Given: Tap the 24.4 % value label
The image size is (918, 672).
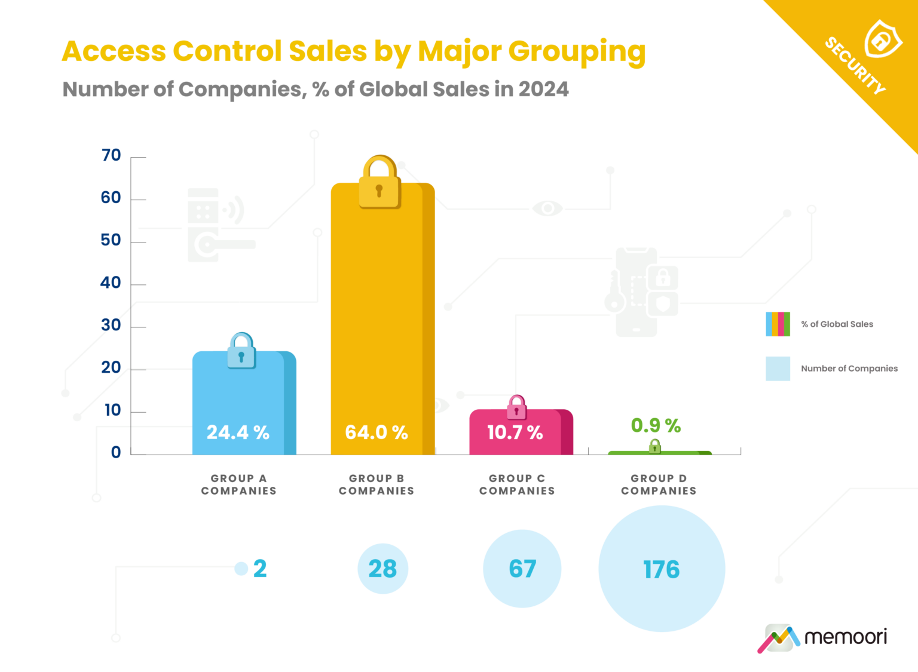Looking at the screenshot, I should click(x=238, y=432).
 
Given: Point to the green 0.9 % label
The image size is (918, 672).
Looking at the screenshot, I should click(x=656, y=425).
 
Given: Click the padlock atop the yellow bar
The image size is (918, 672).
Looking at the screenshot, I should click(x=379, y=184).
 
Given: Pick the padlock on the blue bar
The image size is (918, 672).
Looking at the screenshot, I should click(x=241, y=352).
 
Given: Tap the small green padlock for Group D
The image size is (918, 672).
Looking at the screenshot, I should click(x=655, y=446).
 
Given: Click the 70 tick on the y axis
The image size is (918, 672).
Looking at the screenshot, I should click(x=111, y=155).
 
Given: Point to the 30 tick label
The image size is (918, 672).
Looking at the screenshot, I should click(x=111, y=325).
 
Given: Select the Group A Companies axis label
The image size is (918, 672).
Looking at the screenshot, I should click(x=238, y=484).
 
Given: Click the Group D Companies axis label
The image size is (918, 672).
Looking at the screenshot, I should click(x=659, y=484).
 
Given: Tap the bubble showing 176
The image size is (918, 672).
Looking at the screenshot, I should click(x=662, y=569).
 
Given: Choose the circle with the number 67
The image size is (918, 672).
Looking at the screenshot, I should click(x=522, y=569).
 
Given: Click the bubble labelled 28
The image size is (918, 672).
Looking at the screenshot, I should click(x=382, y=569).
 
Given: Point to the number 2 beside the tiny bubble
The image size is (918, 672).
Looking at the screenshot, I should click(x=260, y=569).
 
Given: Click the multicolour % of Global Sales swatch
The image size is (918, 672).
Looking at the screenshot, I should click(x=778, y=324).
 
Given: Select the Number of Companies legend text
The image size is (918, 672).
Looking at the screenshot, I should click(x=849, y=369).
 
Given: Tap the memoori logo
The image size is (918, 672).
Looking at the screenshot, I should click(x=822, y=638).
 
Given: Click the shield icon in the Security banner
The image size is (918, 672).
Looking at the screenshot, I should click(x=882, y=39).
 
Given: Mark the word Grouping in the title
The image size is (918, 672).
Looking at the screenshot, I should click(x=577, y=52).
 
